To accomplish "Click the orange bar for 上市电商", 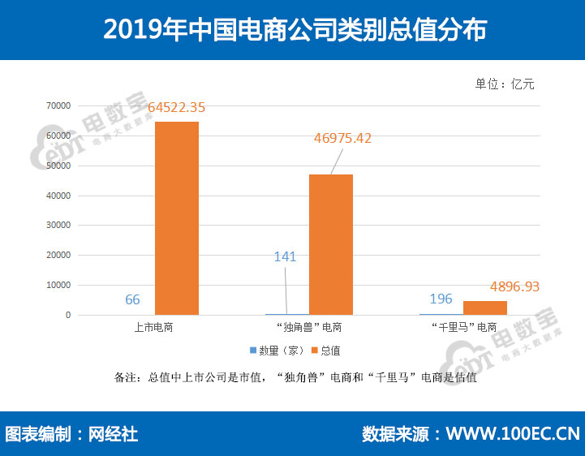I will (x=176, y=217).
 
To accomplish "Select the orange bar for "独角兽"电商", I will (x=330, y=244).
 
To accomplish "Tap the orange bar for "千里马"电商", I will (x=485, y=308).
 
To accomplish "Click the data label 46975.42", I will (x=342, y=139).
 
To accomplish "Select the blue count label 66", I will (x=132, y=300).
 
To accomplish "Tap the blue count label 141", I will (x=285, y=257).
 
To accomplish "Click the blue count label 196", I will (x=441, y=299).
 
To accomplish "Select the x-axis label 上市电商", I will (x=154, y=328).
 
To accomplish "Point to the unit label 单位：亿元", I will (x=505, y=84).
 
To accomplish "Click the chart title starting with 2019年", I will (x=292, y=29).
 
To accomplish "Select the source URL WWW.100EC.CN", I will (x=513, y=434).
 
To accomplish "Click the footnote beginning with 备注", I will (x=295, y=377).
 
